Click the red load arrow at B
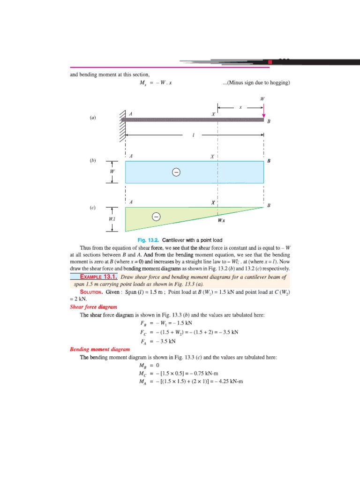[x=263, y=112]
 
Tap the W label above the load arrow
[x=262, y=99]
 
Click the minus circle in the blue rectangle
[x=176, y=172]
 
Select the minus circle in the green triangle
[x=157, y=217]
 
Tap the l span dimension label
[x=193, y=135]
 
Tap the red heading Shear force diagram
[x=93, y=307]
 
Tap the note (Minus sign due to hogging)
[x=257, y=83]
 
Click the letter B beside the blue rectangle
[x=269, y=161]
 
